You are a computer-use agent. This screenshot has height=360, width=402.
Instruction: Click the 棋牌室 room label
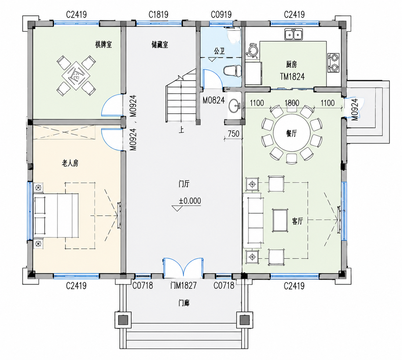[x=103, y=45]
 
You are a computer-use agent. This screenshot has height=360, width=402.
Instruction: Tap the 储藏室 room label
[x=160, y=45]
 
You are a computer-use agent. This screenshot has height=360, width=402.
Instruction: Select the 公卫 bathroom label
[x=219, y=51]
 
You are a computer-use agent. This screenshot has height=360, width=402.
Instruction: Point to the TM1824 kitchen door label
[x=292, y=76]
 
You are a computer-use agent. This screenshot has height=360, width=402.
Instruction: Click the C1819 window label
[x=158, y=15]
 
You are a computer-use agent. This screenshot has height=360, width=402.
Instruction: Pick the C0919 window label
[x=221, y=15]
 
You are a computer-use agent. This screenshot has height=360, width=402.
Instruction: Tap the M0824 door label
[x=213, y=100]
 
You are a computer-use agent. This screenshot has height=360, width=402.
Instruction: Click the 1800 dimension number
[x=292, y=103]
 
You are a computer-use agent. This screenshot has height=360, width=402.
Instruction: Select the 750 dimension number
[x=233, y=134]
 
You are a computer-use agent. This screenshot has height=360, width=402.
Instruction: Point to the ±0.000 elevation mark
[x=190, y=201]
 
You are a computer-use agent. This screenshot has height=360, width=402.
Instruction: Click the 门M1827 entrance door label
[x=183, y=285]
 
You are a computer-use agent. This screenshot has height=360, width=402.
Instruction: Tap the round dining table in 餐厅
[x=291, y=133]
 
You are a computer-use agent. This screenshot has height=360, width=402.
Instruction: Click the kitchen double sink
[x=294, y=34]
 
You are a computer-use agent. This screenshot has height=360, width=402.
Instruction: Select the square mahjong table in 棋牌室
[x=76, y=76]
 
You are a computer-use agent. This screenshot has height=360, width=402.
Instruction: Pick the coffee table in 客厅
[x=280, y=220]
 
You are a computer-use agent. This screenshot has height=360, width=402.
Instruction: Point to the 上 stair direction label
[x=181, y=130]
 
